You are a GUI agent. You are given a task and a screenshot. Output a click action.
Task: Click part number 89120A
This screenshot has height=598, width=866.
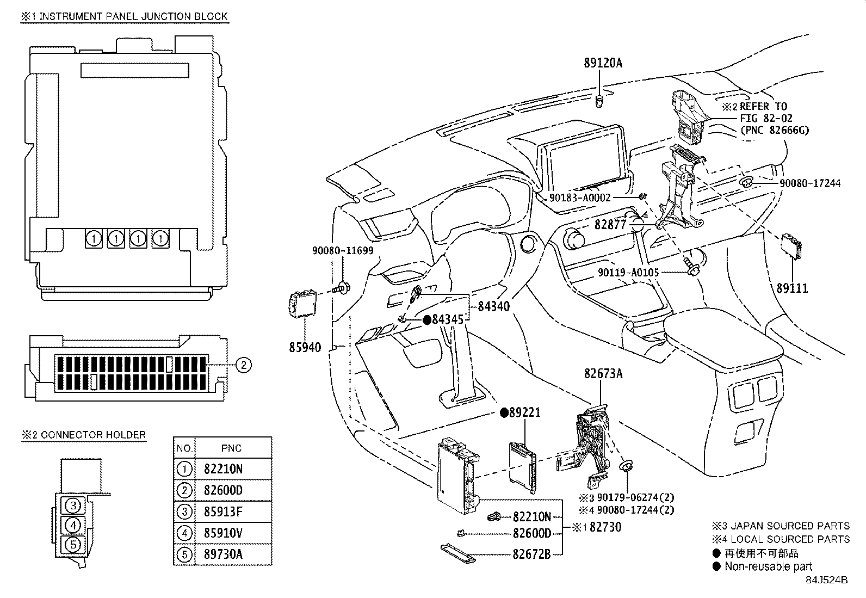click(x=603, y=63)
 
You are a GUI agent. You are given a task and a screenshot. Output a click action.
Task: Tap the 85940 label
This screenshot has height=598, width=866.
click(x=305, y=347)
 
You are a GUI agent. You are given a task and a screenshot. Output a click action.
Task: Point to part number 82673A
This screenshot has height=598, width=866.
click(x=603, y=374)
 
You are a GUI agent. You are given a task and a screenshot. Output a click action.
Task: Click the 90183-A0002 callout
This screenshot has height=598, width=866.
click(x=580, y=198)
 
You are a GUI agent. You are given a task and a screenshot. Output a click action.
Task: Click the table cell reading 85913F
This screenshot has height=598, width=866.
click(x=223, y=511)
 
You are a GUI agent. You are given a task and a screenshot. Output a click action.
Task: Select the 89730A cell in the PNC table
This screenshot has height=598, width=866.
click(x=223, y=554)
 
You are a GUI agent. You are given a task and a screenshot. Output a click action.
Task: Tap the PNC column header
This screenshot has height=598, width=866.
click(x=231, y=448)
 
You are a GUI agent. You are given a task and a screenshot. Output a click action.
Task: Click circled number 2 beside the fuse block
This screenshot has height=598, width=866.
click(x=244, y=365)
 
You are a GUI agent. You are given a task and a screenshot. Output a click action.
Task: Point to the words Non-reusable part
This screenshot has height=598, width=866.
click(x=768, y=566)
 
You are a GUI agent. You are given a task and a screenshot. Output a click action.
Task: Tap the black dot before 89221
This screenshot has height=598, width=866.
click(x=504, y=412)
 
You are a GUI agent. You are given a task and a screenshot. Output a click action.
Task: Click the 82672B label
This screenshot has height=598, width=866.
click(x=531, y=554)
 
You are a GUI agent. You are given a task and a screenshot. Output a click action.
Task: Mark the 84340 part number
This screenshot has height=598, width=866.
click(x=494, y=306)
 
